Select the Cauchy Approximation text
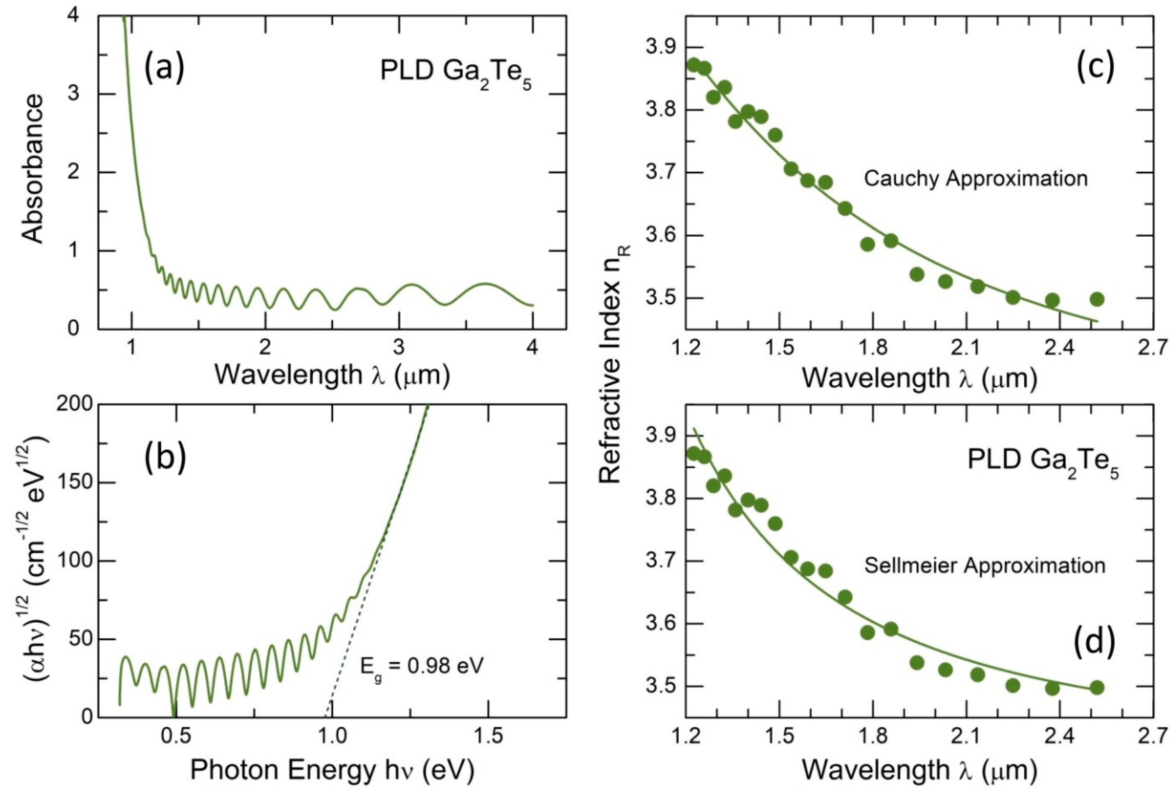[x=975, y=178]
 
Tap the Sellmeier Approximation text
[x=984, y=565]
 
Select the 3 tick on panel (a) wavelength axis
[x=399, y=351]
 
